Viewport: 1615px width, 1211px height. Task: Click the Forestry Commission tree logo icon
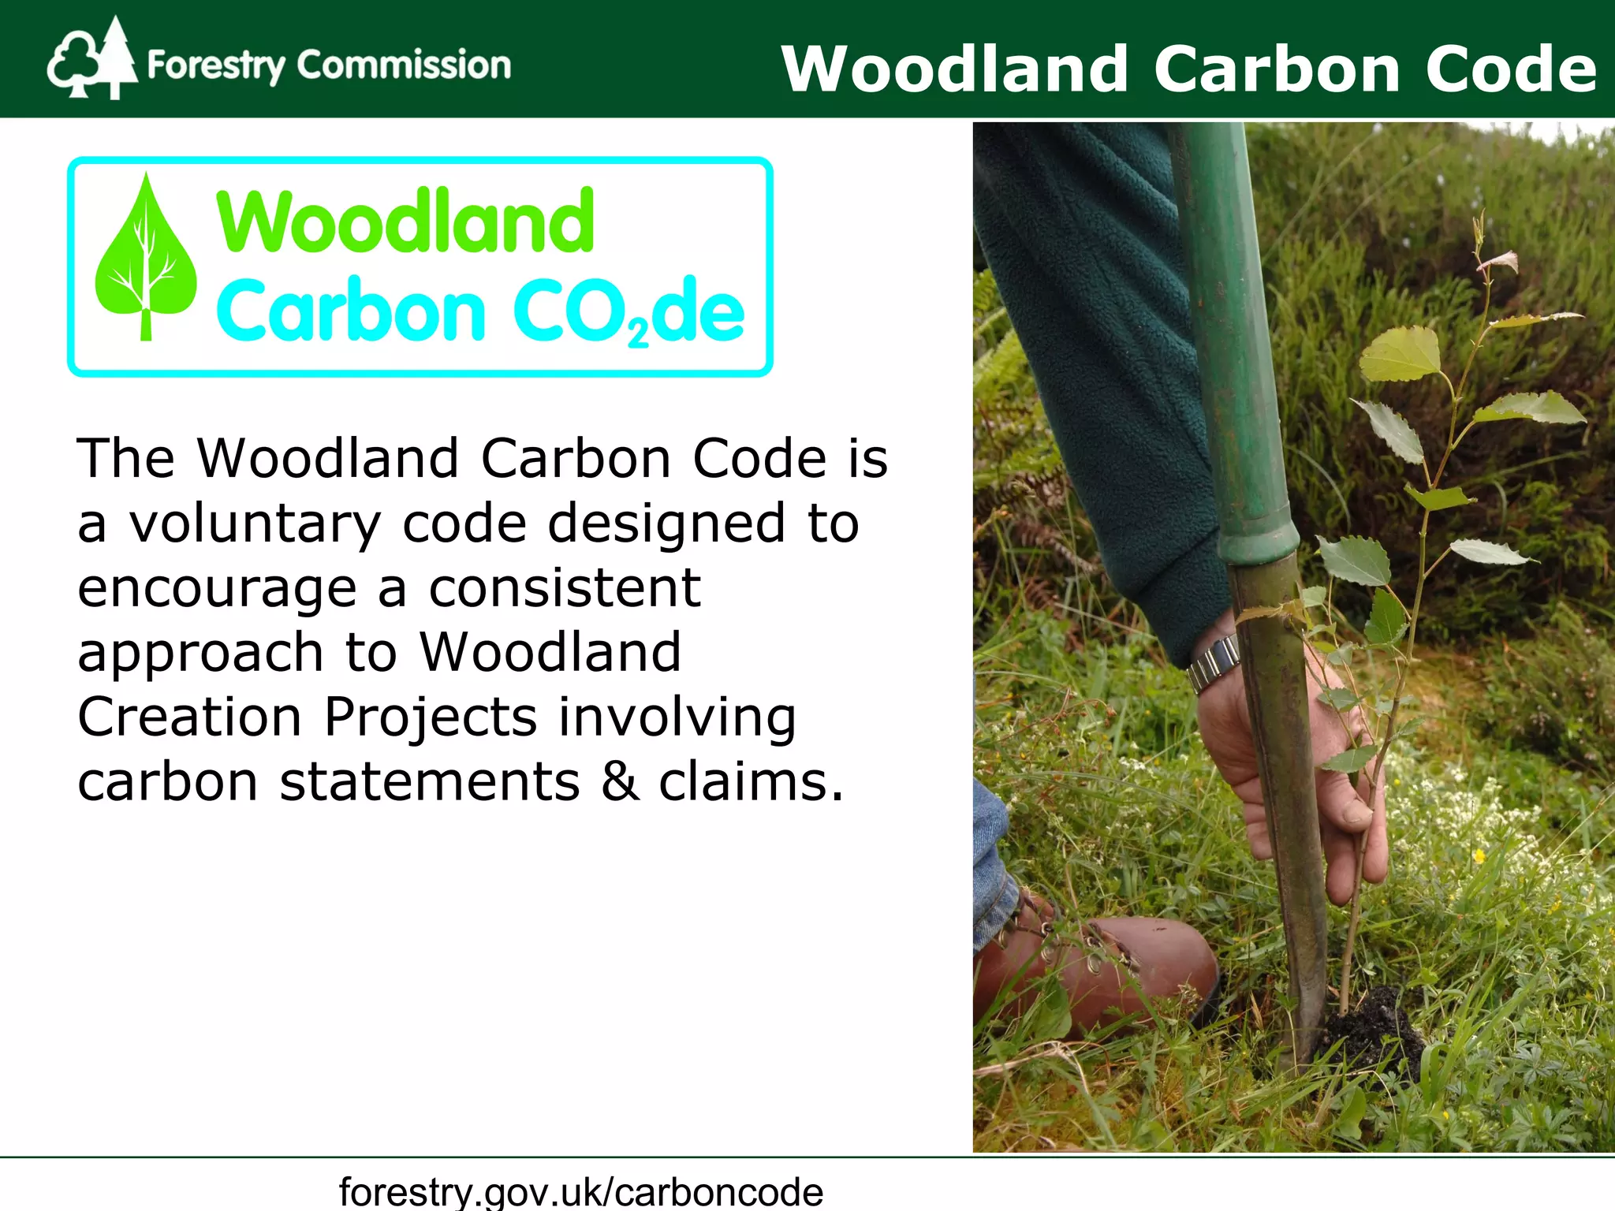point(91,59)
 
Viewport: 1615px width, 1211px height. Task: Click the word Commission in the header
point(404,65)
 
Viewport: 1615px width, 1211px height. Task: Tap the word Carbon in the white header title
point(1277,69)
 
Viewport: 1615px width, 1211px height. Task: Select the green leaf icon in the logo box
point(145,260)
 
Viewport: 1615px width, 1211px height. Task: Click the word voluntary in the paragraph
point(255,524)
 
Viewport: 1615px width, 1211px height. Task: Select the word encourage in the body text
point(217,589)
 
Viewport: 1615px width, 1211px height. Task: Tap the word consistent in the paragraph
point(565,589)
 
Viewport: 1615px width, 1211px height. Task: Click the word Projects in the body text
point(431,718)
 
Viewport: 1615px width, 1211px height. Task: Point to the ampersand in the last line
point(620,782)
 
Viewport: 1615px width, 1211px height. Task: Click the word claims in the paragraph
point(750,782)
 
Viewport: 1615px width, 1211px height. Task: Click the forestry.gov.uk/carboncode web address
point(581,1191)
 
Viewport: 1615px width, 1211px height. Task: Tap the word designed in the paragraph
point(666,524)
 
